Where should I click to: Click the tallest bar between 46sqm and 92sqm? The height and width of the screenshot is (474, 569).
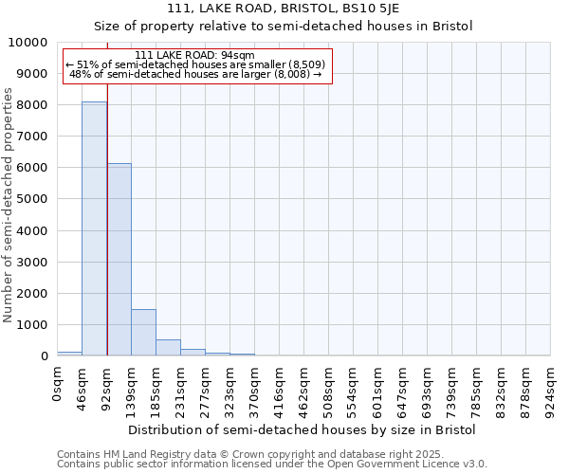point(94,228)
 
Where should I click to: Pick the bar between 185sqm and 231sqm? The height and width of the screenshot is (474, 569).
point(168,347)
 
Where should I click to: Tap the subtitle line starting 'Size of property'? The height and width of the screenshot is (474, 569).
point(283,26)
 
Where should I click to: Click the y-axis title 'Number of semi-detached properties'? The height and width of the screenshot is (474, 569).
point(9,205)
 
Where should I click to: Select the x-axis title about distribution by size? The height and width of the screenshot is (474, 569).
point(302,429)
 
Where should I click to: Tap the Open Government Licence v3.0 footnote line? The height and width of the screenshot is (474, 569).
point(272,465)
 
